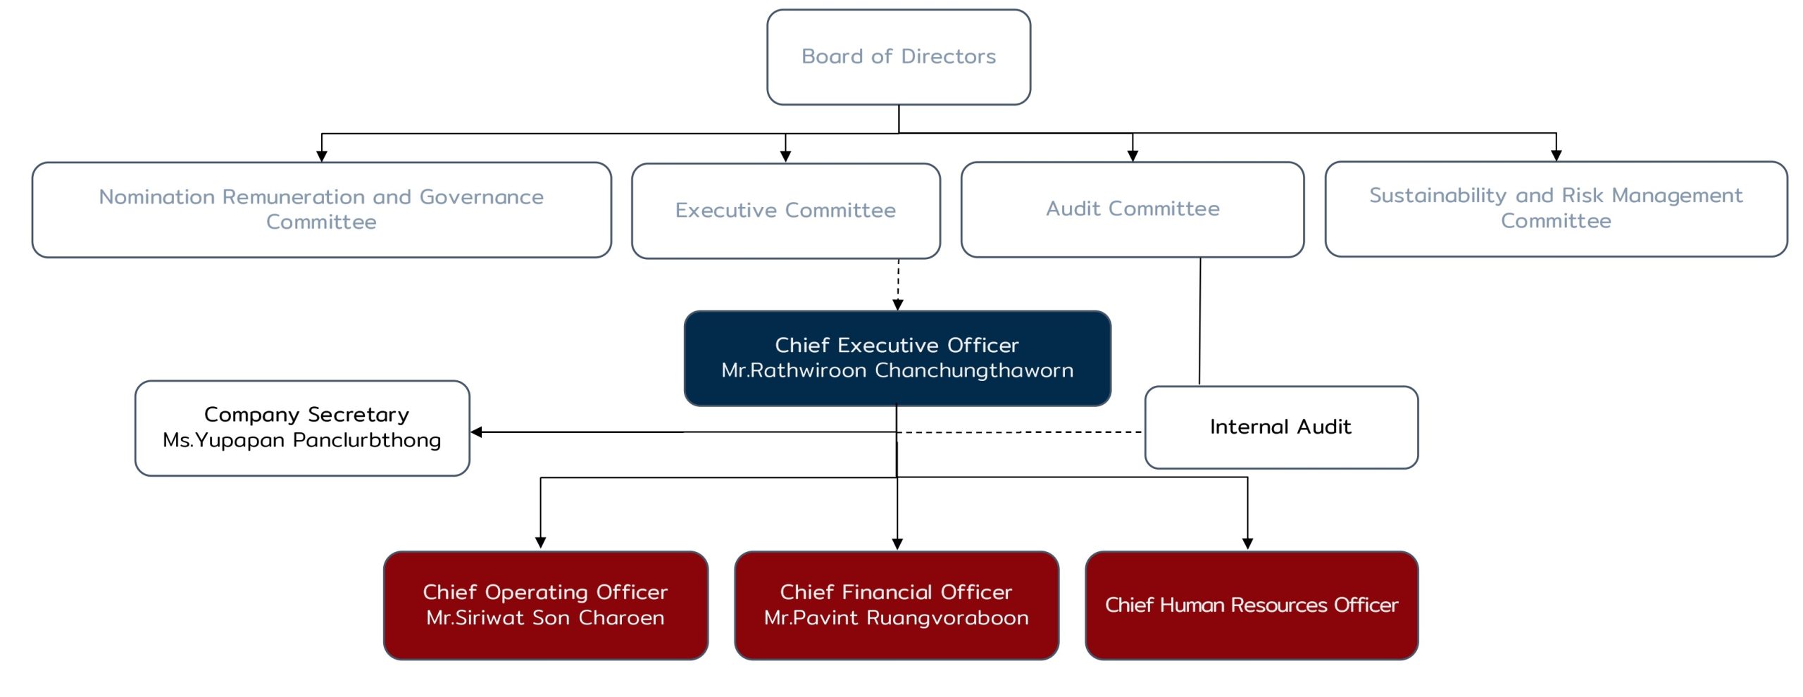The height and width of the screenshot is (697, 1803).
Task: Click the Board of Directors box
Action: coord(899,57)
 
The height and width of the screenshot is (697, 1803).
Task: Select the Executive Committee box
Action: coord(785,211)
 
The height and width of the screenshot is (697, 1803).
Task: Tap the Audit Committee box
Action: coord(1133,209)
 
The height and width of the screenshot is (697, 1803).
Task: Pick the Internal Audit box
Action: coord(1280,427)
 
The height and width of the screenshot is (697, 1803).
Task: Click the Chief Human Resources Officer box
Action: coord(1252,605)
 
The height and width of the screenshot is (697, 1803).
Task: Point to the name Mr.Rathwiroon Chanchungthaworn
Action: coord(897,370)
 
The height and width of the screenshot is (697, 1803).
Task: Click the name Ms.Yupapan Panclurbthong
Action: coord(301,440)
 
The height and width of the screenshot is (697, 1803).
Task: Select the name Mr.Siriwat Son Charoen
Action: coord(545,617)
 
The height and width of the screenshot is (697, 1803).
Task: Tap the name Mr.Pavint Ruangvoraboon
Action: coord(896,617)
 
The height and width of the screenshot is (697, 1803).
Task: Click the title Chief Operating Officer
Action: coord(545,592)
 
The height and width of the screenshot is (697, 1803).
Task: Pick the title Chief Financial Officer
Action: coord(896,592)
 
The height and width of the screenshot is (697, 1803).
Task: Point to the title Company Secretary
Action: coord(306,415)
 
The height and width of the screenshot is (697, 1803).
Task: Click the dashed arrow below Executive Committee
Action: coord(898,282)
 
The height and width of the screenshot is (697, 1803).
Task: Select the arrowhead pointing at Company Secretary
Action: coord(477,432)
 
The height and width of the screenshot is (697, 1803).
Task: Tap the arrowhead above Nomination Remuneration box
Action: coord(322,156)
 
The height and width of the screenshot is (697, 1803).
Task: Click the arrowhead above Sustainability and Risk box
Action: coord(1556,156)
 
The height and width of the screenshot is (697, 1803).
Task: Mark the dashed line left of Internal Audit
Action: coord(1021,432)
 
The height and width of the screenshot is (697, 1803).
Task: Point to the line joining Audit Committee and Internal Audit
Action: coord(1200,320)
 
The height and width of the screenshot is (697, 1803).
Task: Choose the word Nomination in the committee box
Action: coord(156,197)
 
